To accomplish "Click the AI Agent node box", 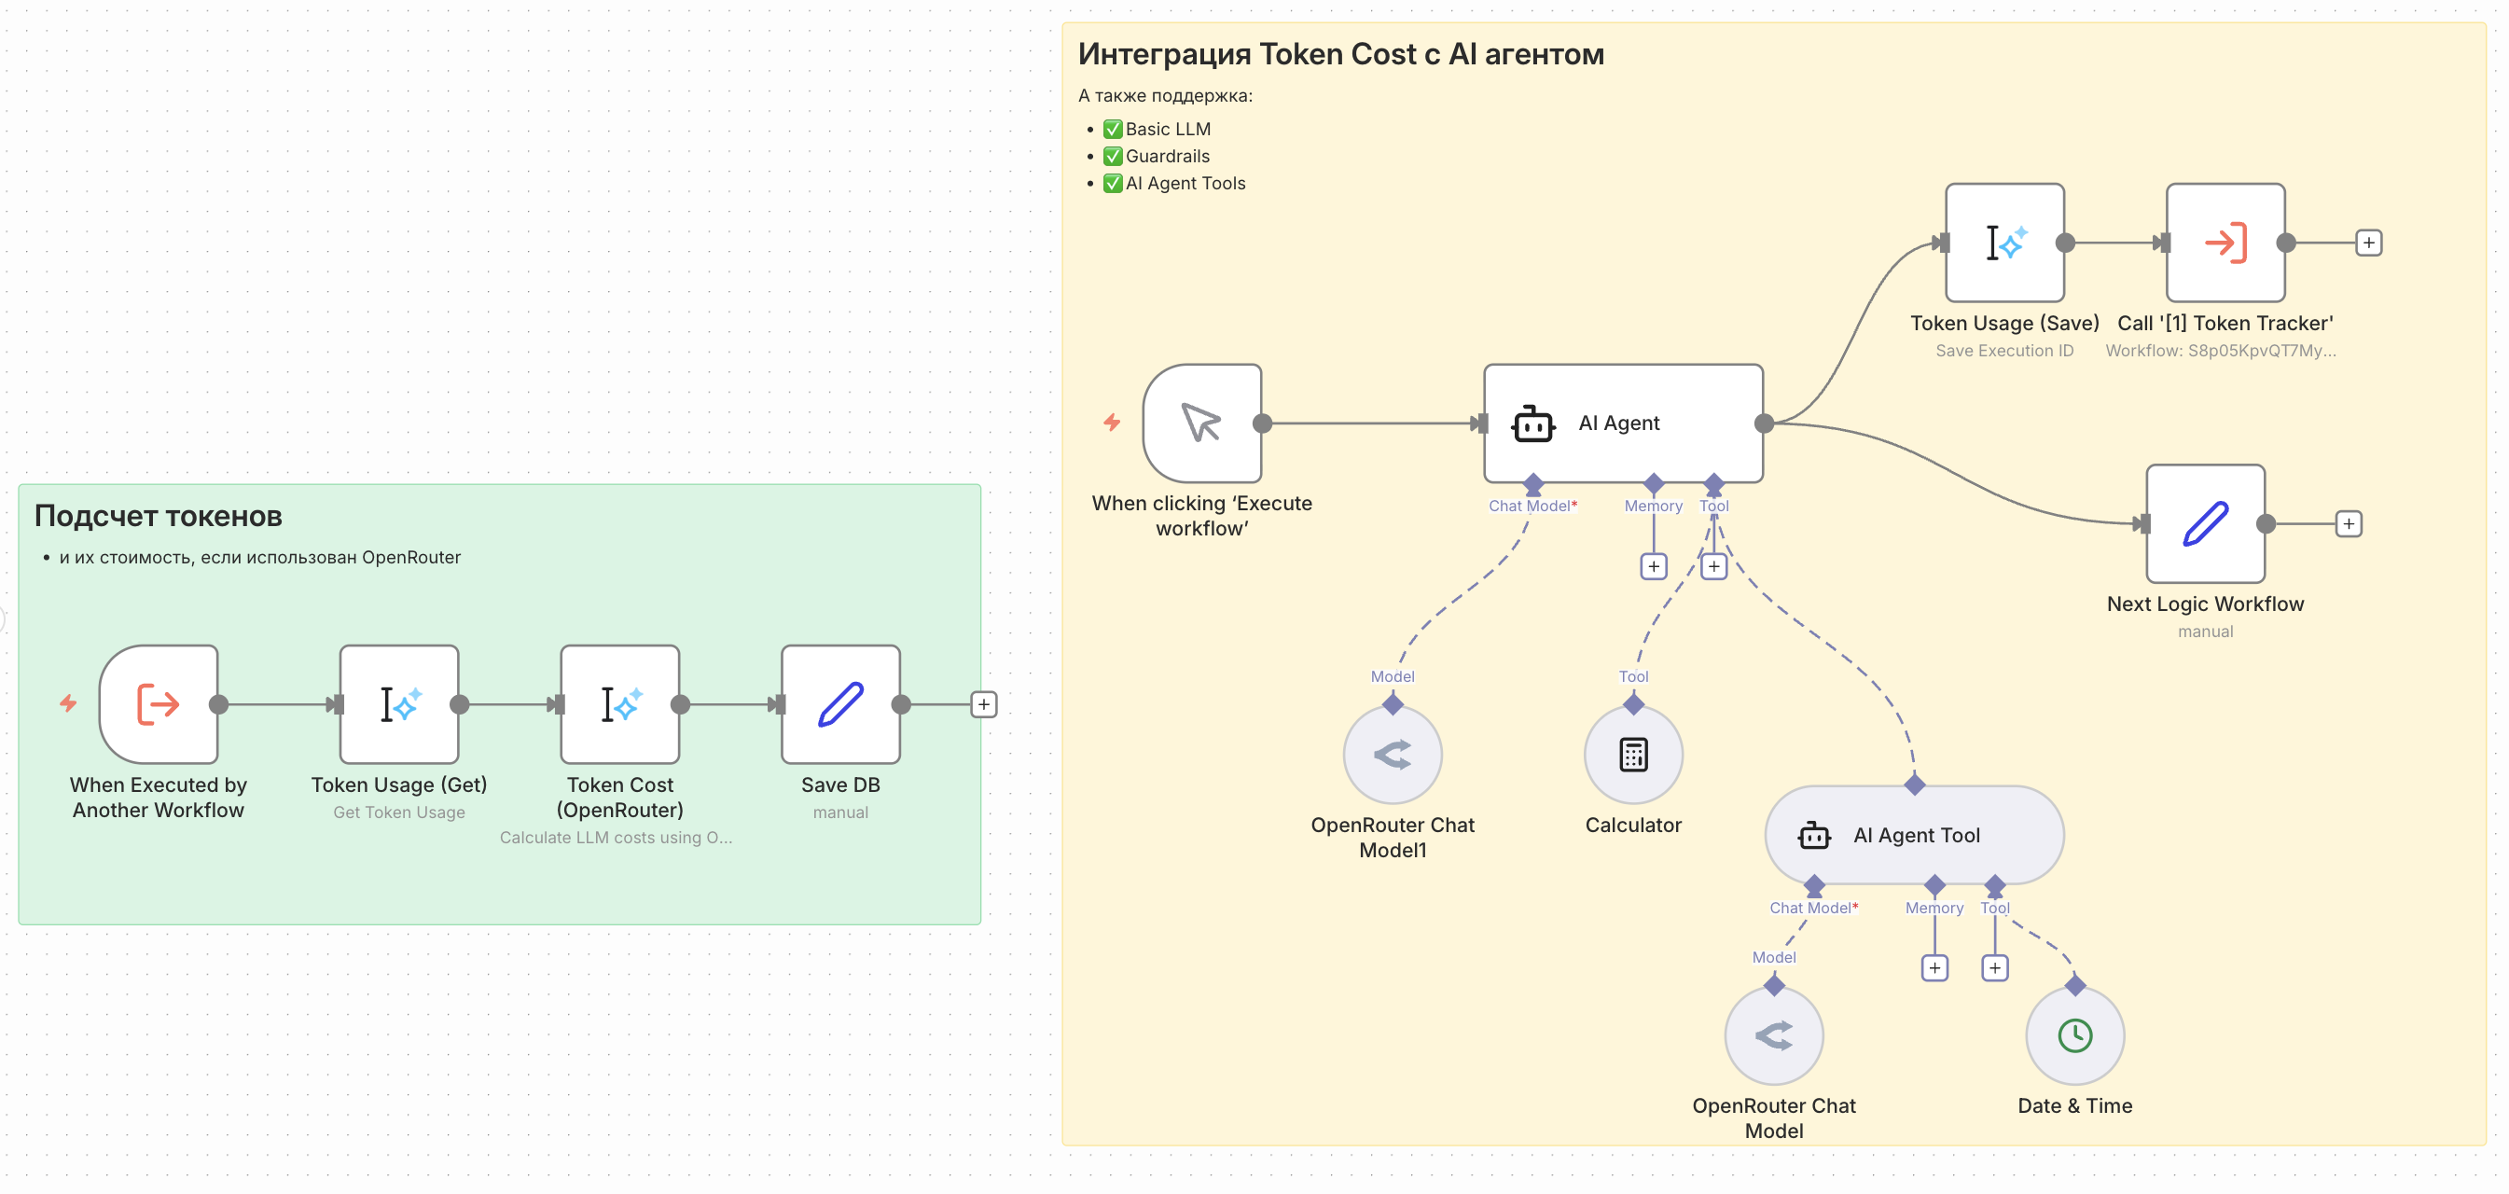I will point(1622,423).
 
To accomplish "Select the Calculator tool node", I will point(1632,755).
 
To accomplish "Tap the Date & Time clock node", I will point(2073,1035).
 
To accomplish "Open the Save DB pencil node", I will point(839,704).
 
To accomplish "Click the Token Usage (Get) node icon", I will point(398,704).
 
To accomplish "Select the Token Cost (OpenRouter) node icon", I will point(619,704).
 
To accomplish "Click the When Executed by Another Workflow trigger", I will point(158,704).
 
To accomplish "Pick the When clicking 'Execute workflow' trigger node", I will point(1201,423).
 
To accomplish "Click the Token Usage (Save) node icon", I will point(2003,243).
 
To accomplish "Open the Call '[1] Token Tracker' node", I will point(2225,243).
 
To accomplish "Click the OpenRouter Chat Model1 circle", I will point(1392,755).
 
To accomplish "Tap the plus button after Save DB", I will point(983,704).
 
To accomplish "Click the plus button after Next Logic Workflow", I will point(2349,524).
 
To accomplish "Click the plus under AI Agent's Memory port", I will point(1653,566).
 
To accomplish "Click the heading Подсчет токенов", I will point(158,515).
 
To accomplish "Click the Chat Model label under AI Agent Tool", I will point(1809,908).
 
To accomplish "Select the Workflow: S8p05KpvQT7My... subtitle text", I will point(2220,351).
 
